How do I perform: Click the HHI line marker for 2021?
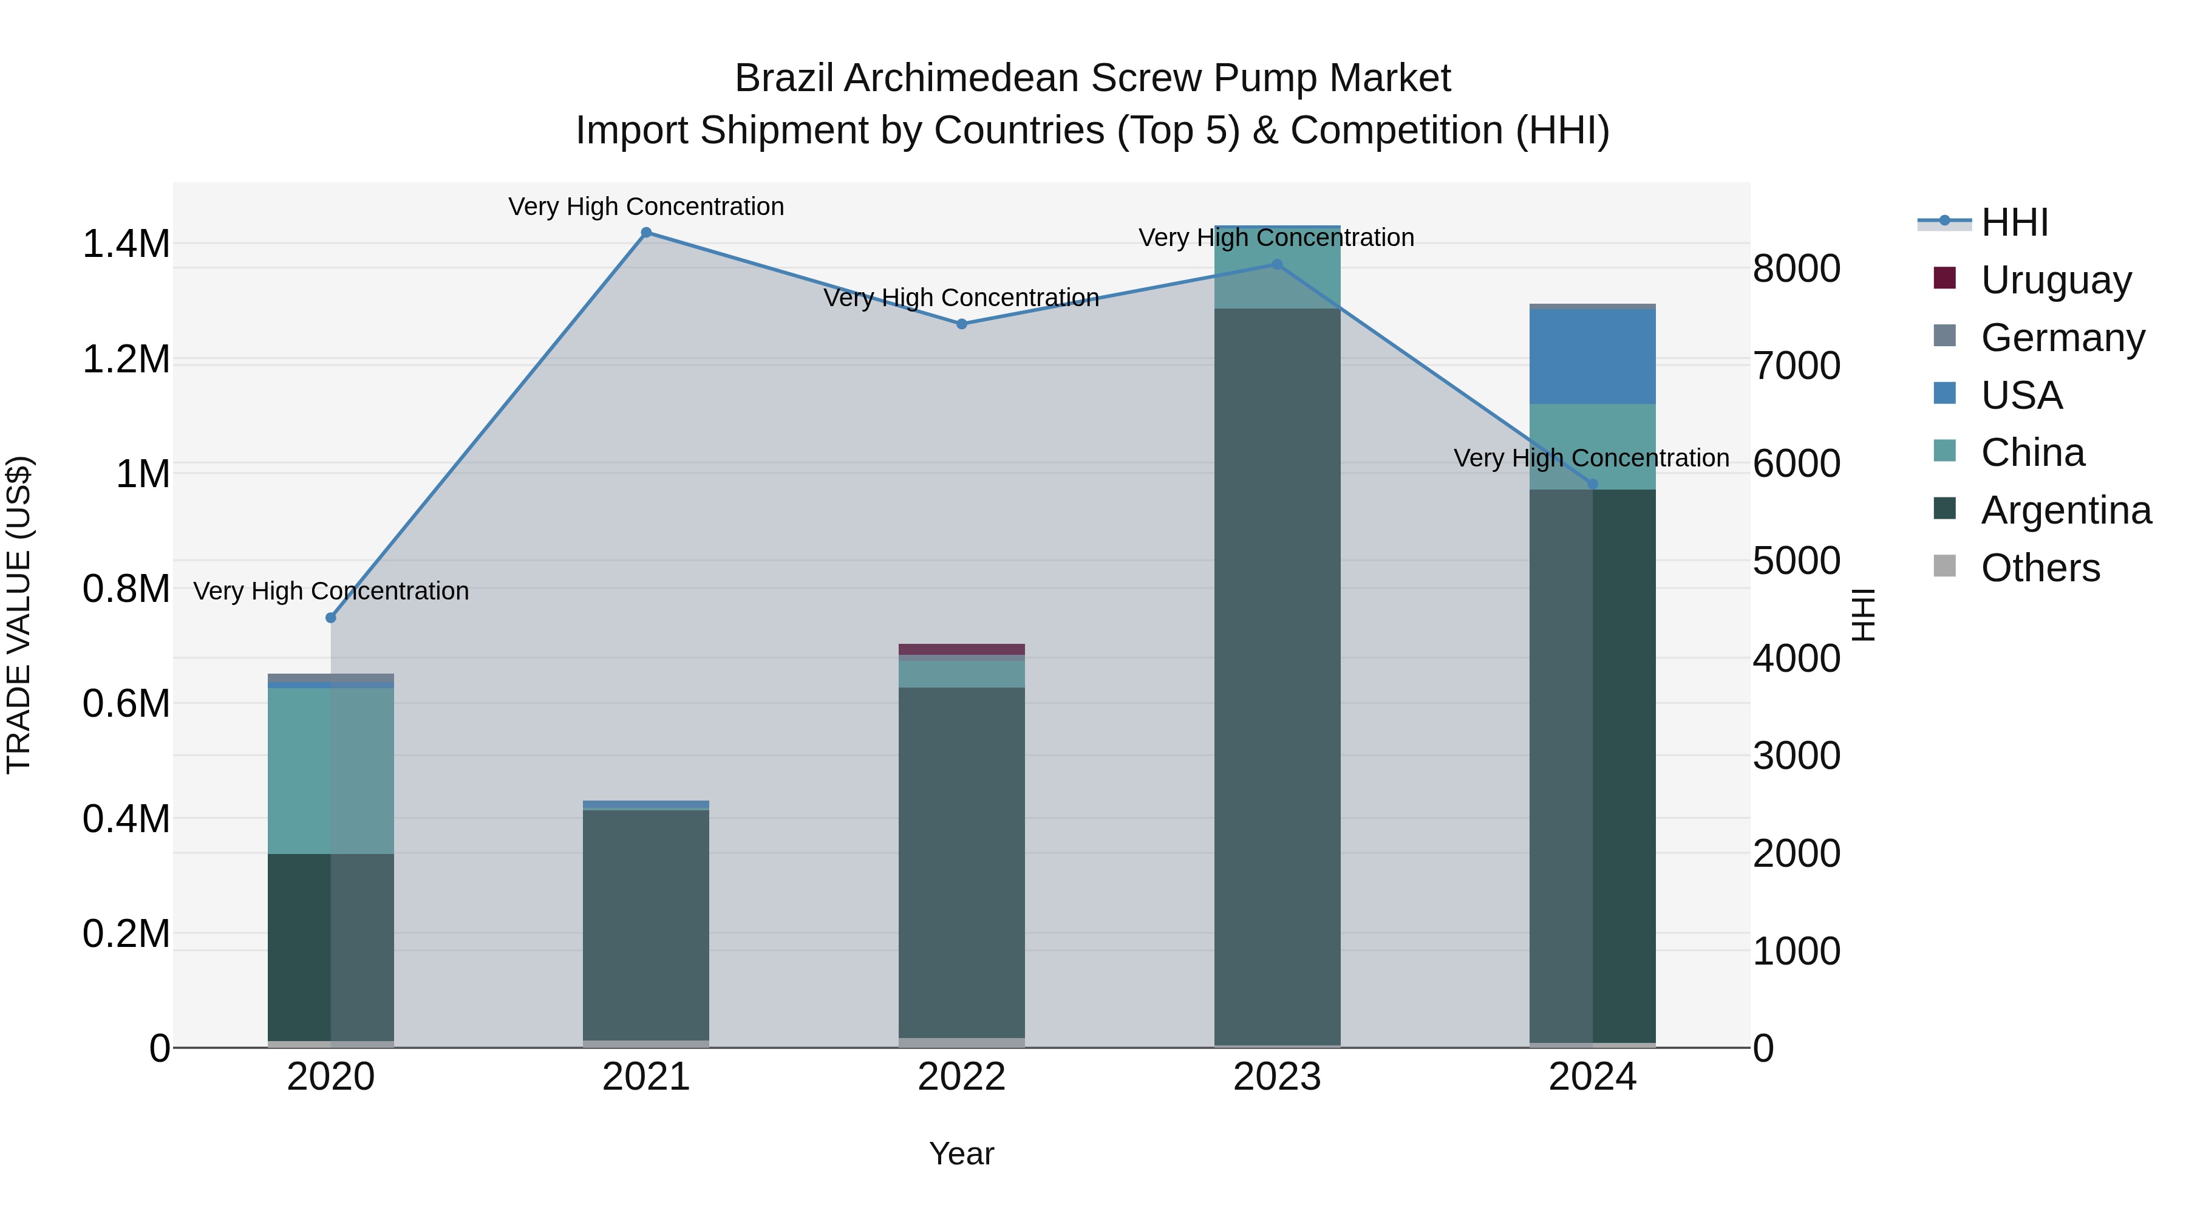[646, 233]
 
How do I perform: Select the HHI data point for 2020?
[331, 618]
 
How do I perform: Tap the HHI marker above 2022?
[961, 324]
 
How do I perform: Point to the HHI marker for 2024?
[1592, 485]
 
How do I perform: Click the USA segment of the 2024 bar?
[1592, 357]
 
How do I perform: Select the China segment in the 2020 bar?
[331, 771]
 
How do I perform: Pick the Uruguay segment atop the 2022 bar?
[961, 649]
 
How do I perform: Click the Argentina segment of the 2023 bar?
[1277, 679]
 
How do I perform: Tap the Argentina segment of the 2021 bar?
[646, 925]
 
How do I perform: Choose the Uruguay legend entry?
[2055, 280]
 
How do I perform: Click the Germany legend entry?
[2062, 338]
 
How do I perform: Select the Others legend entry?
[2040, 568]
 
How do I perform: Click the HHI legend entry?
[2015, 222]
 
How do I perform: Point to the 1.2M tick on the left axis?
[126, 359]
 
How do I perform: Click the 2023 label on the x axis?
[1277, 1077]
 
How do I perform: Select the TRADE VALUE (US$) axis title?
[19, 615]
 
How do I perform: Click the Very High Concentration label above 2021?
[646, 207]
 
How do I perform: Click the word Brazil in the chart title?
[783, 78]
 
